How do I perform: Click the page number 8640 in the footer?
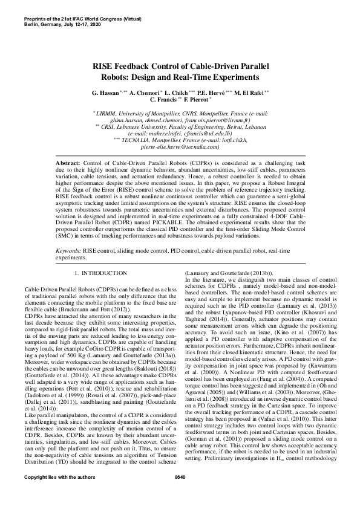click(180, 495)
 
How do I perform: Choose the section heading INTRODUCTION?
click(106, 274)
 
